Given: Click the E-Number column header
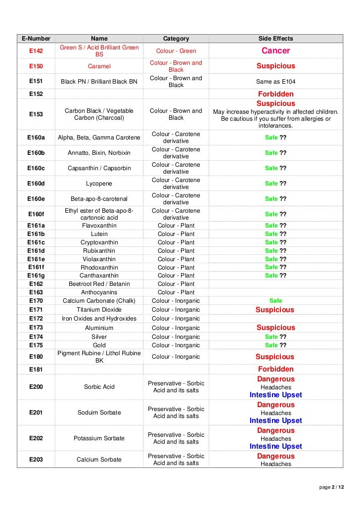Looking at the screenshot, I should click(36, 39).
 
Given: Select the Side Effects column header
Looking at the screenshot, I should click(275, 39).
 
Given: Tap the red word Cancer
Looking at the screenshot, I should click(275, 51).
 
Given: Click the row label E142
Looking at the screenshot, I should click(36, 51).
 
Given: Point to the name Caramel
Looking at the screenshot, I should click(99, 66).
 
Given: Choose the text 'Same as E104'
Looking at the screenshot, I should click(275, 82).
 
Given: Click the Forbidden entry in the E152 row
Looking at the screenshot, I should click(275, 94).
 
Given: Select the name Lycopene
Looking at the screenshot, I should click(99, 184).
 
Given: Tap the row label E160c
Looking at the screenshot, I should click(36, 168).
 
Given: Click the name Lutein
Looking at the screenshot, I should click(99, 234).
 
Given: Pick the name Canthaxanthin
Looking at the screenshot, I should click(99, 276).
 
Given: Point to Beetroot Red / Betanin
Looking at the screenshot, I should click(99, 284).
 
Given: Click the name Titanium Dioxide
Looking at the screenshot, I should click(99, 310).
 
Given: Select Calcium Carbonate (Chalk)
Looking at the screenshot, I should click(99, 301).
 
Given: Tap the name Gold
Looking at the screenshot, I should click(99, 345).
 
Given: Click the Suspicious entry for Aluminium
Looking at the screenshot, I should click(275, 327).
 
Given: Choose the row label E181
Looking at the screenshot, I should click(36, 369).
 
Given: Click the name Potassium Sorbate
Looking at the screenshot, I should click(99, 438).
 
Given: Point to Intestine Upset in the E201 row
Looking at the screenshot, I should click(275, 420).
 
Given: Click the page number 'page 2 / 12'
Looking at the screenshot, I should click(331, 488).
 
